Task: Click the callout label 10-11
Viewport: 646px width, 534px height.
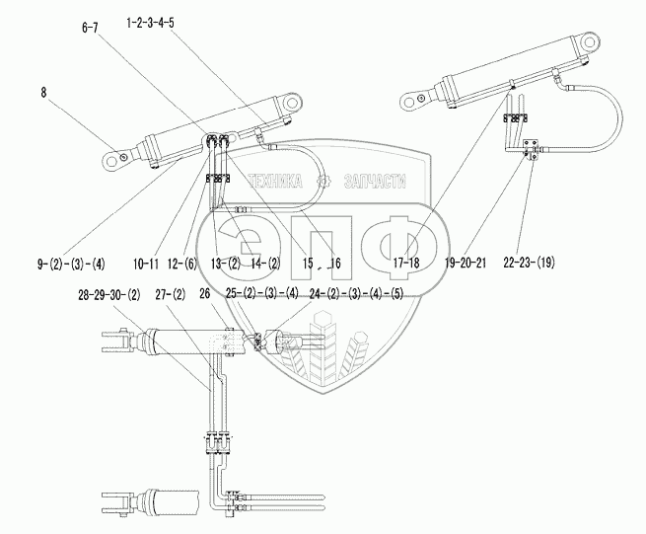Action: (x=144, y=264)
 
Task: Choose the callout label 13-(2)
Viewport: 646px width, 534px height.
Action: (x=226, y=264)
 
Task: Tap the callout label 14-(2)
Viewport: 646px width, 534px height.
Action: (x=266, y=264)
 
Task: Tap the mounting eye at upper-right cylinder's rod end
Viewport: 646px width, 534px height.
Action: (x=590, y=44)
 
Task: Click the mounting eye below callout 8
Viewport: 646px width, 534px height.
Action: (x=116, y=156)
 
